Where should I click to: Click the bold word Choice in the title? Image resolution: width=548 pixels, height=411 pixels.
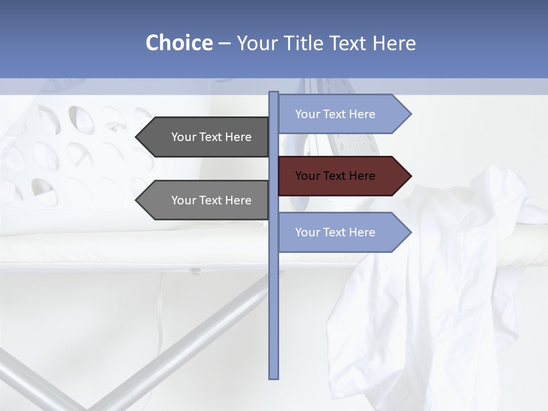point(179,43)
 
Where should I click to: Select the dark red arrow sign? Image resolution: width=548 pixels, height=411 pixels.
point(342,176)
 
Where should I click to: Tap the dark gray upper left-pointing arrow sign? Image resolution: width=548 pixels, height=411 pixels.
point(205,137)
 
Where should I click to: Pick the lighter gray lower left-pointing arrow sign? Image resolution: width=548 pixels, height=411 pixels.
point(205,200)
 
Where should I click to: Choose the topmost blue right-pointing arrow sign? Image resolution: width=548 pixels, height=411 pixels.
point(342,114)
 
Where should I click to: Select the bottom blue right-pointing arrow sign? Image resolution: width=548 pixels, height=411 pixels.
point(342,232)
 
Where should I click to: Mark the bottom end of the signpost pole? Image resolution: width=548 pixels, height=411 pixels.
point(273,377)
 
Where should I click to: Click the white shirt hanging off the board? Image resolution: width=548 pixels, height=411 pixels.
point(434,297)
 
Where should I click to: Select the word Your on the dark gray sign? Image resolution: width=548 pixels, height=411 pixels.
point(183,137)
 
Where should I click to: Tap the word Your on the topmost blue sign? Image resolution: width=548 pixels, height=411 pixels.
point(307,114)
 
